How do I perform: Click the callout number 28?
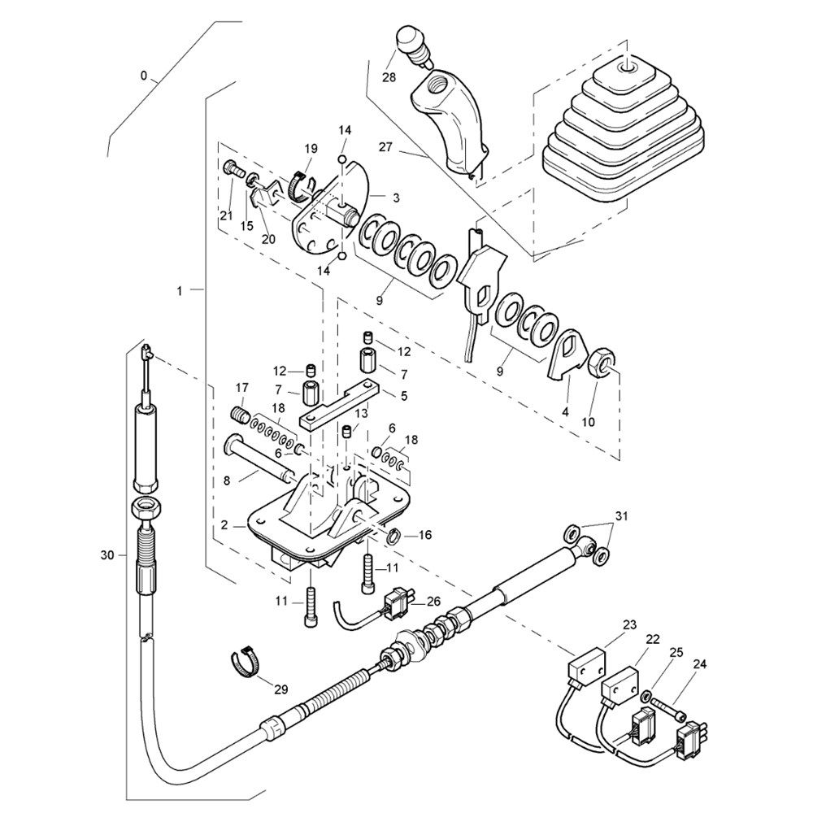388,77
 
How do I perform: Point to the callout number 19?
311,148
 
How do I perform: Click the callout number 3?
395,198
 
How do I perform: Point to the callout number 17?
241,386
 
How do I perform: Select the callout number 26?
433,602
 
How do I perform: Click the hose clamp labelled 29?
246,660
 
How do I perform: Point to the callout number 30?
107,554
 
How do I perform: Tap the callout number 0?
144,76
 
